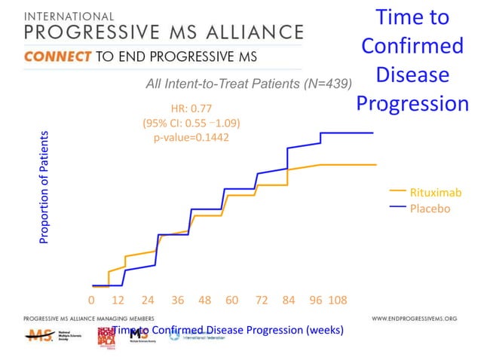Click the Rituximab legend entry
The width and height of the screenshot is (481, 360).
433,193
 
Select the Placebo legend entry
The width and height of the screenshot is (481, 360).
429,208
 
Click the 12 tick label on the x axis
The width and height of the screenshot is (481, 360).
118,300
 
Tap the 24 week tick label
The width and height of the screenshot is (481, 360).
148,300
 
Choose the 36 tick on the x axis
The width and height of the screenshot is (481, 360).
177,300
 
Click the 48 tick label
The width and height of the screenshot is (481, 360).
205,300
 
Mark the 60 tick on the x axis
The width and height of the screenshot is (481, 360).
232,300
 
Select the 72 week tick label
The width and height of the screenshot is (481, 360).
262,300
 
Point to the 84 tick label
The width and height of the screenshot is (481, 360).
289,300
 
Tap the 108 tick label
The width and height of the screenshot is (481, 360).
338,300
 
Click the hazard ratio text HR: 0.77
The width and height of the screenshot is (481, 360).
191,108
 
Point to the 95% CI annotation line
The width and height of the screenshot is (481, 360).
191,123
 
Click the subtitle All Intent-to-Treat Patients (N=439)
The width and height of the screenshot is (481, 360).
249,84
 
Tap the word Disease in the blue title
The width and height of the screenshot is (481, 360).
412,75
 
